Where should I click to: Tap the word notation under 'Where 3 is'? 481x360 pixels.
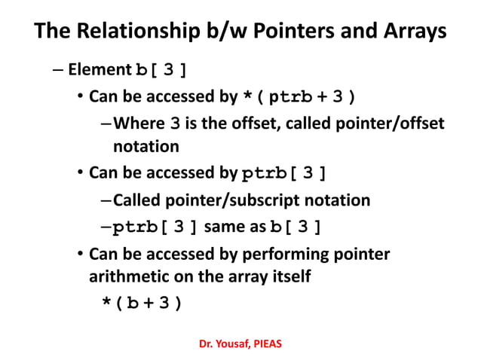[146, 145]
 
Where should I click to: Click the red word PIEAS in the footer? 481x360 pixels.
[268, 343]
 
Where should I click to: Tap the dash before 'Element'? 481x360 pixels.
[59, 70]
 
